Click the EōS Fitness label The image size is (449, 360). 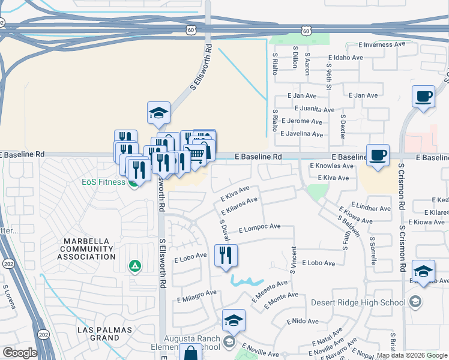104,181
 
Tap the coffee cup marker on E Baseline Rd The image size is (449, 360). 378,156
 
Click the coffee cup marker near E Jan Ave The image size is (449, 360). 423,97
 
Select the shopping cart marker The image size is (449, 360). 195,155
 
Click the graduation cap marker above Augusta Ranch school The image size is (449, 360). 234,322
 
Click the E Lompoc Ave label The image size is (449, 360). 259,228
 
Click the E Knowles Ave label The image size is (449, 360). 331,166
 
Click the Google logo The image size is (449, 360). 20,353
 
